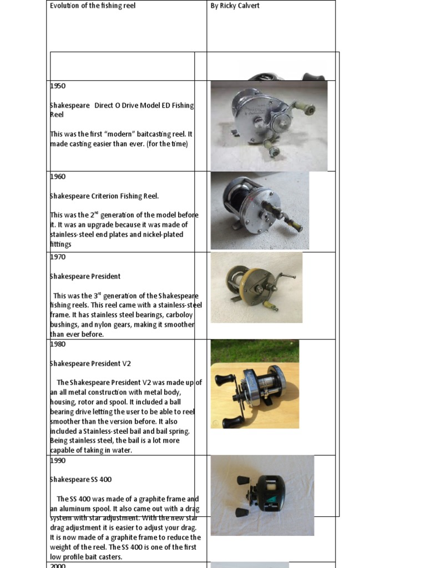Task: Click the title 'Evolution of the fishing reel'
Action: (x=93, y=6)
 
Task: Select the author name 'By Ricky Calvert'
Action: (x=236, y=6)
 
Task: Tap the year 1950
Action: (x=58, y=86)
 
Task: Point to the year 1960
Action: (x=58, y=176)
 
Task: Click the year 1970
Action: (x=58, y=257)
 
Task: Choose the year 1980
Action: (x=58, y=344)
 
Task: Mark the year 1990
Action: (x=58, y=460)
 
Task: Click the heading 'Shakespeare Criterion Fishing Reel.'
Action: (x=104, y=196)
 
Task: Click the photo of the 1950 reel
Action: (x=269, y=126)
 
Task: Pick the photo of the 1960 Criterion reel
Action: (x=260, y=210)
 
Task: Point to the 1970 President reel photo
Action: (x=256, y=287)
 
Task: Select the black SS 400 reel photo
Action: (x=262, y=495)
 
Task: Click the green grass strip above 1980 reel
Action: (x=255, y=351)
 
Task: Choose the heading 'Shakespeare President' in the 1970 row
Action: (x=85, y=276)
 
